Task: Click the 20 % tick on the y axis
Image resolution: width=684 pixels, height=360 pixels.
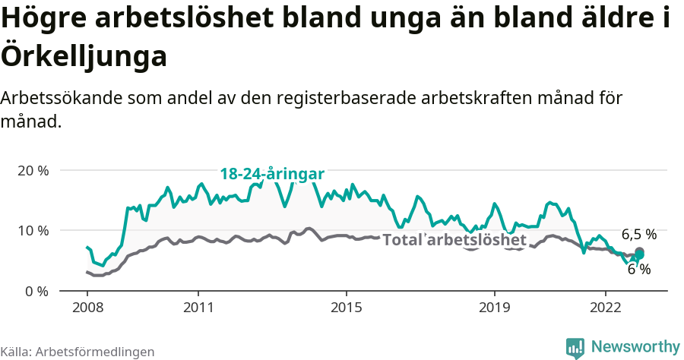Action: click(33, 170)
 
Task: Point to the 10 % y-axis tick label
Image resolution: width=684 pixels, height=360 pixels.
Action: click(33, 230)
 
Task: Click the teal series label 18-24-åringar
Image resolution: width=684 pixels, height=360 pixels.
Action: click(272, 174)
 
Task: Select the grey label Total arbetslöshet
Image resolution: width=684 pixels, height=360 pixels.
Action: click(454, 240)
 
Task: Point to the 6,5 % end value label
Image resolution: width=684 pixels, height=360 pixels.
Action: click(638, 234)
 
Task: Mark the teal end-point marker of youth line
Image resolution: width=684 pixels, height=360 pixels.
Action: click(639, 255)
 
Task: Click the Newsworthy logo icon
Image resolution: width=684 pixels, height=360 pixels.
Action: click(575, 347)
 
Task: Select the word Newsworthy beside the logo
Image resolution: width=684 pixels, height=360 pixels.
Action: click(635, 346)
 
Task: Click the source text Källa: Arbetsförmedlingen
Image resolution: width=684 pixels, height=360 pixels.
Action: click(78, 352)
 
